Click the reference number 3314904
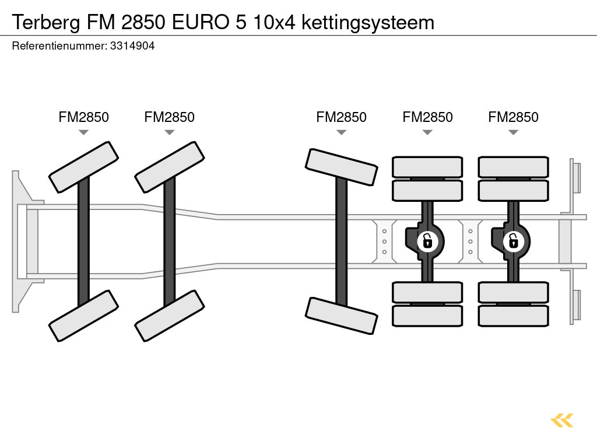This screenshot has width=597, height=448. pyautogui.click(x=132, y=46)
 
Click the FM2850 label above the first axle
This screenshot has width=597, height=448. pyautogui.click(x=83, y=117)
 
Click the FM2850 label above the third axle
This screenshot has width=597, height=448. pyautogui.click(x=341, y=117)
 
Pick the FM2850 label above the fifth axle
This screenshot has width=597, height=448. pyautogui.click(x=513, y=117)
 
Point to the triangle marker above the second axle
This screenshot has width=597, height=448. pyautogui.click(x=169, y=132)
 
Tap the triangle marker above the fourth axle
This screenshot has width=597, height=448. pyautogui.click(x=427, y=132)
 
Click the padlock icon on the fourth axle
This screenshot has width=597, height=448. pyautogui.click(x=427, y=240)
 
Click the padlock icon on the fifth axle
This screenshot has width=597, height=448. pyautogui.click(x=513, y=240)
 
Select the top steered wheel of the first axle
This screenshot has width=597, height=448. pyautogui.click(x=83, y=167)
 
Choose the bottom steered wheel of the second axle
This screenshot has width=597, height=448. pyautogui.click(x=169, y=316)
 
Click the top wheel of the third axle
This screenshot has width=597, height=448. pyautogui.click(x=341, y=167)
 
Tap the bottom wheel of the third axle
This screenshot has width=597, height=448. pyautogui.click(x=341, y=316)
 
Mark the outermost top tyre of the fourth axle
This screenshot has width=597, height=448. pyautogui.click(x=427, y=167)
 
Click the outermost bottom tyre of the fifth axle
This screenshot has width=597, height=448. pyautogui.click(x=513, y=316)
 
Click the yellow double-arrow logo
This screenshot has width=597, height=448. pyautogui.click(x=562, y=420)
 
